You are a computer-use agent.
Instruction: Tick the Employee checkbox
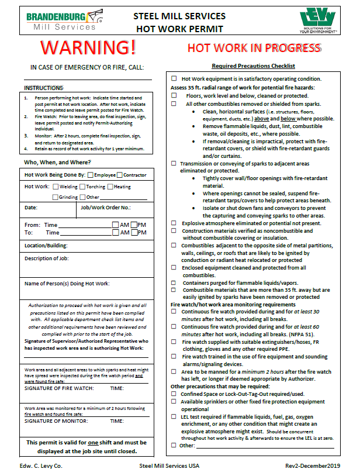coord(89,175)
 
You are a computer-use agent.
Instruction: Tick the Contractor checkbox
coord(120,175)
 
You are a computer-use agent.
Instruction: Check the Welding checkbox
coord(56,187)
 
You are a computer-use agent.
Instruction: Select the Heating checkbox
coord(112,187)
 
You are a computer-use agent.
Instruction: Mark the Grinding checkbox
coord(56,197)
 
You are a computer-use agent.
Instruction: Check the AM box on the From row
coord(115,225)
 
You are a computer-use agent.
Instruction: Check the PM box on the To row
coord(134,232)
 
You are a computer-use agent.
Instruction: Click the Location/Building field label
coord(46,245)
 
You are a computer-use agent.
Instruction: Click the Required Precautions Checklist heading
coord(253,66)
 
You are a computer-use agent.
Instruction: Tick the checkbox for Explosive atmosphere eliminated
coord(174,223)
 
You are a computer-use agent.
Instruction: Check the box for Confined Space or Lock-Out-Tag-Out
coord(174,394)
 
